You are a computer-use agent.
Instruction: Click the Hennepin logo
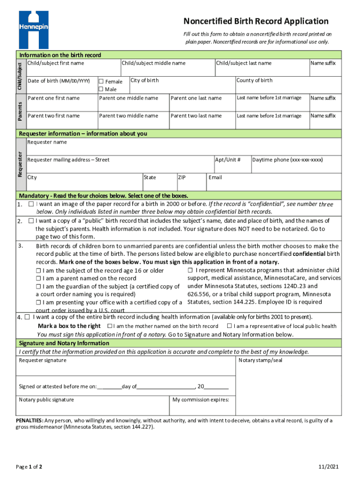[x=33, y=29]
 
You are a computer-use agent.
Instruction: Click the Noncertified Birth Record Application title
[x=256, y=21]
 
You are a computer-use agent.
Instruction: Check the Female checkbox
[x=101, y=81]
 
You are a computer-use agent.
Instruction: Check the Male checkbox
[x=101, y=89]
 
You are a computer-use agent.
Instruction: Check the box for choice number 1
[x=31, y=204]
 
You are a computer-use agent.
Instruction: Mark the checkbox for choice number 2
[x=31, y=220]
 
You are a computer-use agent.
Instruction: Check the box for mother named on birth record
[x=109, y=326]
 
